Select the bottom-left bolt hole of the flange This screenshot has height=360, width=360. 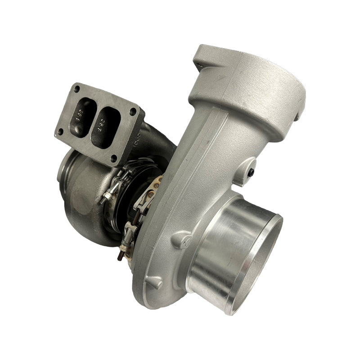(x=60, y=132)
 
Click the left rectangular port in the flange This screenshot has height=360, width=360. (x=85, y=116)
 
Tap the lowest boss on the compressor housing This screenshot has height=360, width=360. (x=155, y=283)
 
